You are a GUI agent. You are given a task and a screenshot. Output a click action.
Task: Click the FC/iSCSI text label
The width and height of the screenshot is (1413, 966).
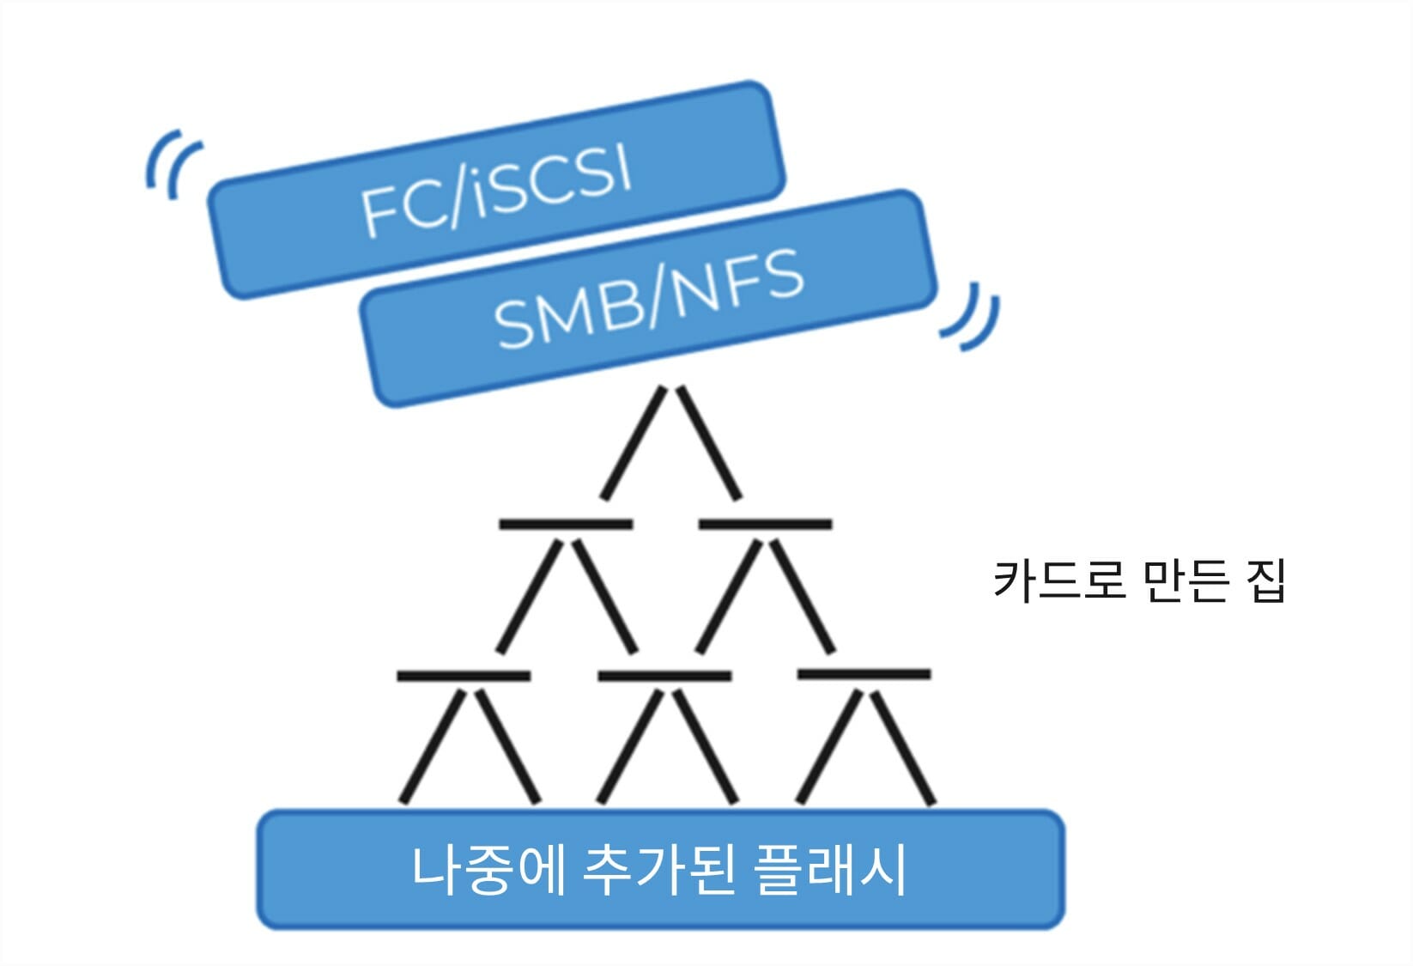click(x=496, y=190)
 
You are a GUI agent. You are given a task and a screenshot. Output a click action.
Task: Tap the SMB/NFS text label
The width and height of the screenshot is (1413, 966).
click(x=649, y=298)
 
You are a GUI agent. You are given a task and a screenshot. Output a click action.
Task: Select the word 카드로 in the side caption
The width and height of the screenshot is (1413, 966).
click(x=1059, y=580)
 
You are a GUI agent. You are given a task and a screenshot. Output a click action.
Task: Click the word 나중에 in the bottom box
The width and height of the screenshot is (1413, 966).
click(x=488, y=870)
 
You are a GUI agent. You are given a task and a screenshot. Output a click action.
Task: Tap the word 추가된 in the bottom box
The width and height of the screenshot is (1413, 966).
click(x=659, y=870)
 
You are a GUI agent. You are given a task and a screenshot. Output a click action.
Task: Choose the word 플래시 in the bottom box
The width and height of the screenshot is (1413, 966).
click(x=830, y=870)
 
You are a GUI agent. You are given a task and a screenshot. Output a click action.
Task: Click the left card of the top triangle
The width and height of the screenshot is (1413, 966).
click(x=633, y=443)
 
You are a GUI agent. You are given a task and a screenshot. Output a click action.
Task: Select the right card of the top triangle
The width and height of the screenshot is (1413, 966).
click(x=709, y=443)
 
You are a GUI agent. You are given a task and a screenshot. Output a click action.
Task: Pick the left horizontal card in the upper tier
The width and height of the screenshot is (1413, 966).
click(x=566, y=525)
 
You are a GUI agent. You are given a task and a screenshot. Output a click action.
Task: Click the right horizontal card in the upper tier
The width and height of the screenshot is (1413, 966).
click(x=765, y=525)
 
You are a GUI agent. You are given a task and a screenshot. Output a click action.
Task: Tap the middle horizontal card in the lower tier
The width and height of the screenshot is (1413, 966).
click(x=665, y=677)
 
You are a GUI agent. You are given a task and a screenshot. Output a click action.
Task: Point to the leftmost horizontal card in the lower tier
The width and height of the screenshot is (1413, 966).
click(x=464, y=677)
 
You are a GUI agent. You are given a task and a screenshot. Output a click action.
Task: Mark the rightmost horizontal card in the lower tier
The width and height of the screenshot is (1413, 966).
click(x=864, y=675)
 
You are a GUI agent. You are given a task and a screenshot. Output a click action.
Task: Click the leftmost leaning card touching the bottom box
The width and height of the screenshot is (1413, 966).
click(x=432, y=746)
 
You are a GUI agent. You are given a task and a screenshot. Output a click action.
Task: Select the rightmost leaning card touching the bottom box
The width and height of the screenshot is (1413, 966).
click(x=903, y=748)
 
